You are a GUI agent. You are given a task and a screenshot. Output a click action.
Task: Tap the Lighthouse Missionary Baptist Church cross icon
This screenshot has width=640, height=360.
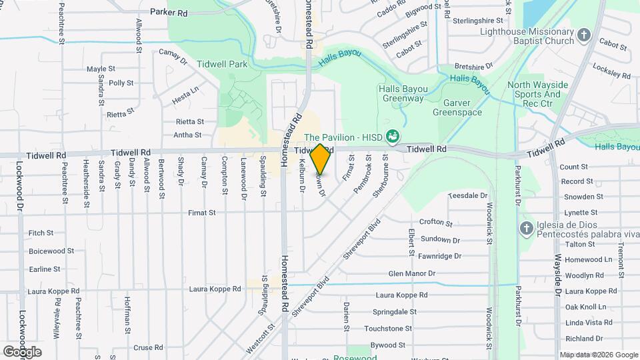pyautogui.click(x=584, y=35)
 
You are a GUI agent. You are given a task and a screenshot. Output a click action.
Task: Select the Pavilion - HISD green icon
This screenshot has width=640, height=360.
pyautogui.click(x=393, y=137)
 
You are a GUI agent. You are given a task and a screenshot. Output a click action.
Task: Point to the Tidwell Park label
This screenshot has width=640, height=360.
pyautogui.click(x=223, y=64)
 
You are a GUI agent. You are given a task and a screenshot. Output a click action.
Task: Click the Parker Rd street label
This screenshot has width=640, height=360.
pyautogui.click(x=169, y=12)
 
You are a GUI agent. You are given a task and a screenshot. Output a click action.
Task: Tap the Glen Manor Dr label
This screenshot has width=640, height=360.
pyautogui.click(x=411, y=273)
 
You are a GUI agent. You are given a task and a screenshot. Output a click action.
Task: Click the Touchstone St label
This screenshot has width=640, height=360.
pyautogui.click(x=388, y=329)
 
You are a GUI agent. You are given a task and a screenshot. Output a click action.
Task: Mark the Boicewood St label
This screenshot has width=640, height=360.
pyautogui.click(x=51, y=251)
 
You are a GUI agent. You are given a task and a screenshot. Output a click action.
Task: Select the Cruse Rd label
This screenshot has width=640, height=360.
pyautogui.click(x=148, y=347)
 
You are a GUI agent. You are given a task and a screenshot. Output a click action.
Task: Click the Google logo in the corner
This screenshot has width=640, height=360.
pyautogui.click(x=22, y=352)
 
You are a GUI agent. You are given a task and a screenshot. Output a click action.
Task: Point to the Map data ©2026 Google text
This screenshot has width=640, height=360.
pyautogui.click(x=599, y=355)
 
